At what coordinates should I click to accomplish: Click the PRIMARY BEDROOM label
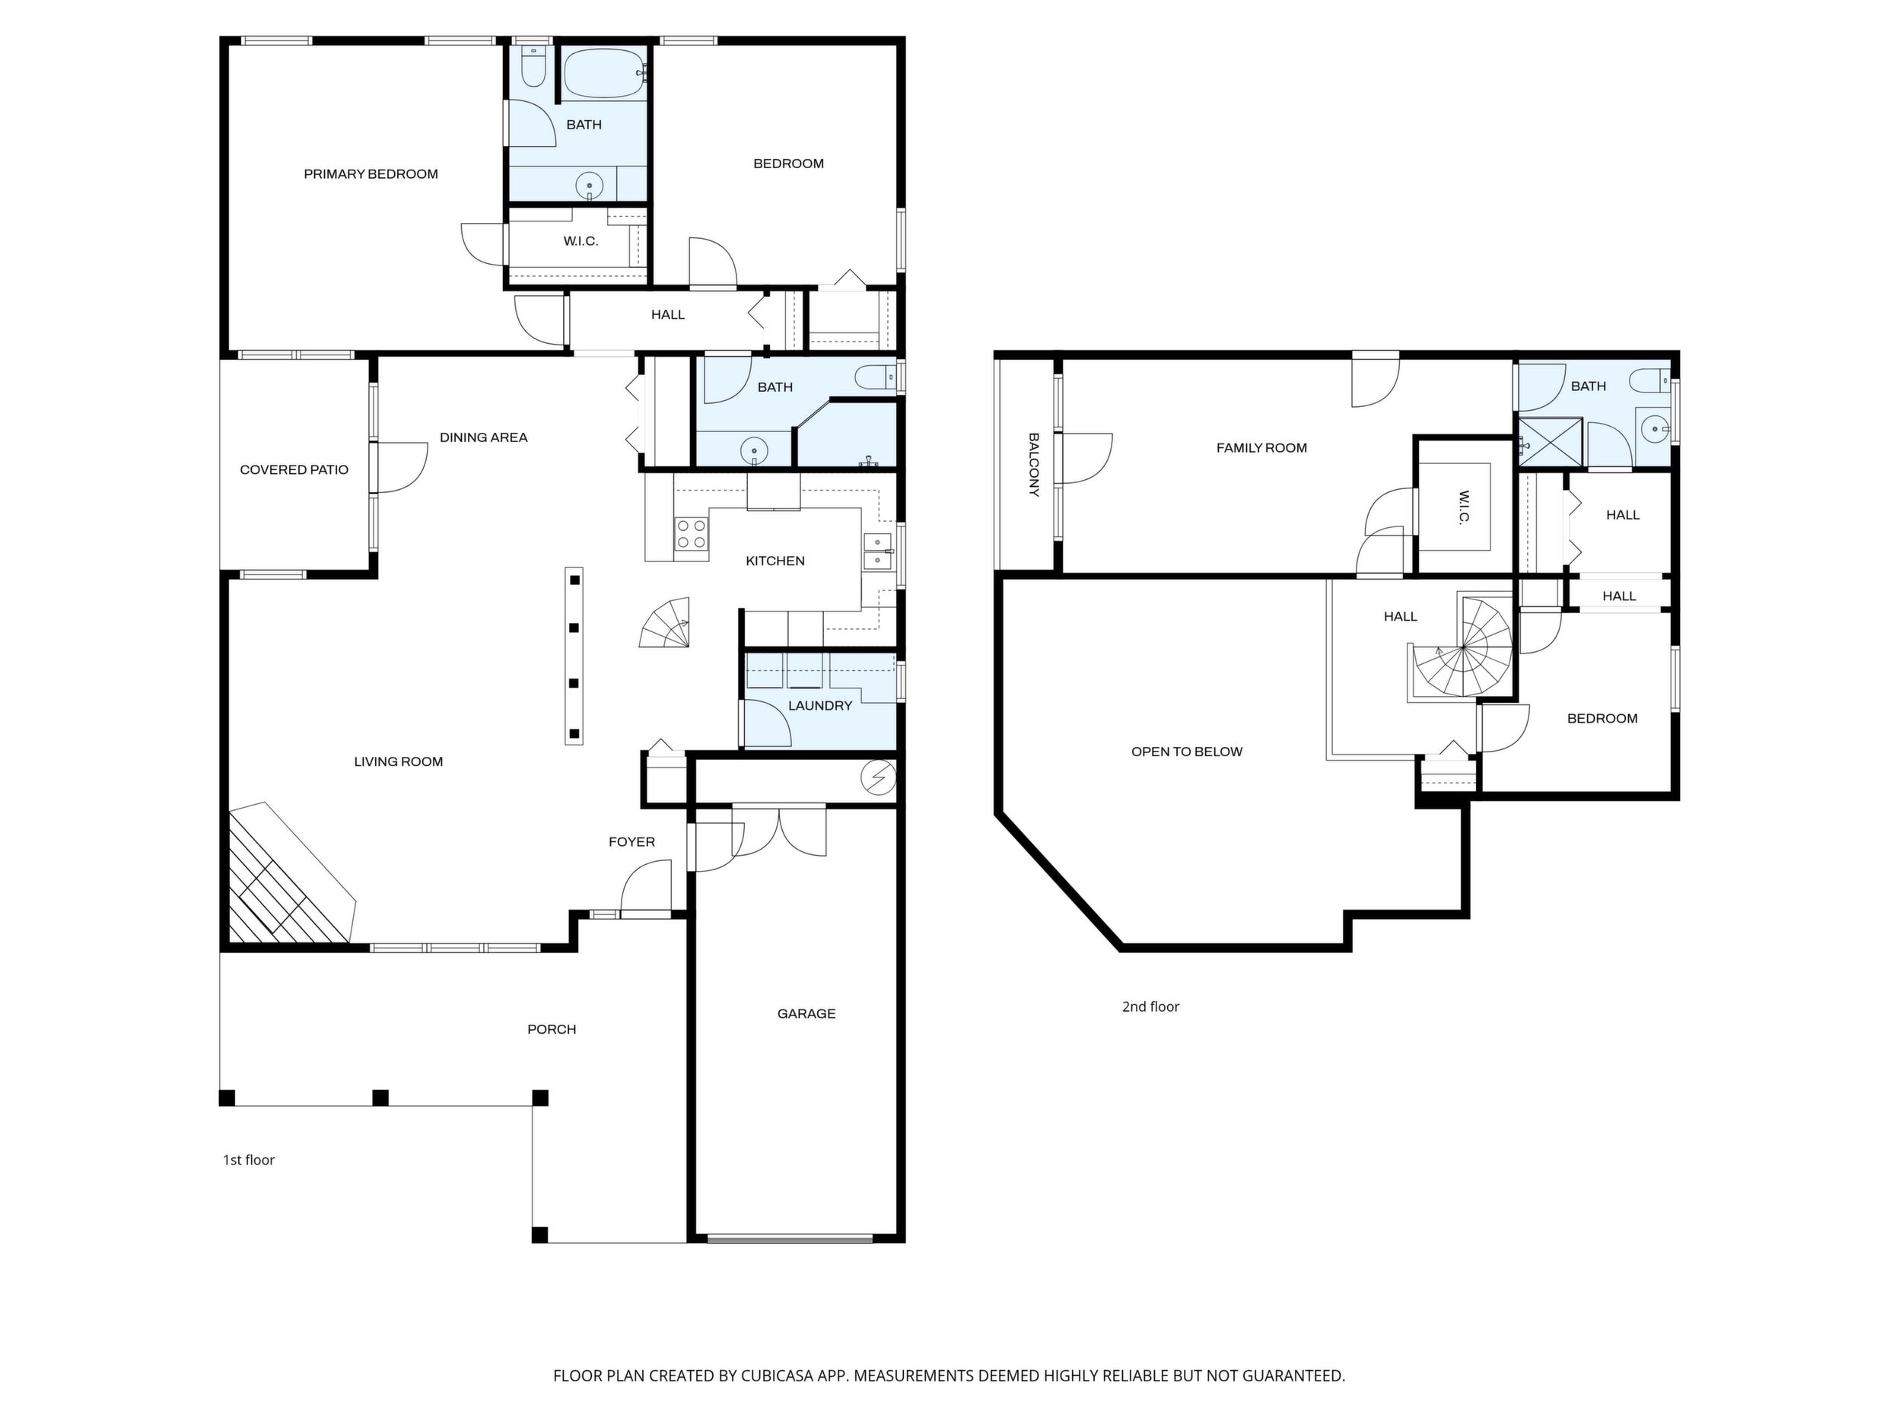pos(371,174)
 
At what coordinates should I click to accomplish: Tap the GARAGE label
pos(806,1014)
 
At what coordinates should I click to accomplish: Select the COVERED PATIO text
pos(294,469)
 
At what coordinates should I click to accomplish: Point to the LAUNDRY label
pos(820,706)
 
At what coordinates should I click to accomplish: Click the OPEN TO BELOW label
pos(1186,752)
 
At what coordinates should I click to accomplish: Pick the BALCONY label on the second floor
pos(1034,464)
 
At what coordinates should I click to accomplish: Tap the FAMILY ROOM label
pos(1261,448)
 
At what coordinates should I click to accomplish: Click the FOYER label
pos(631,842)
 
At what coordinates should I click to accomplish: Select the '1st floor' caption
pos(249,1159)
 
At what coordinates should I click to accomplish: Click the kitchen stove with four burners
pos(691,533)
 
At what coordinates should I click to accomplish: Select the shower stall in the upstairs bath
pos(1551,442)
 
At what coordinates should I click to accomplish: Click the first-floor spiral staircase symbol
pos(666,623)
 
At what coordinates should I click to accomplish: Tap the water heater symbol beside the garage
pos(878,778)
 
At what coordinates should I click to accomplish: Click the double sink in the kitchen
pos(876,550)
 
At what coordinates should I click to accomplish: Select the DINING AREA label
pos(483,437)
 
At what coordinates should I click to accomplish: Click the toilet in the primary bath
pos(533,67)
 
